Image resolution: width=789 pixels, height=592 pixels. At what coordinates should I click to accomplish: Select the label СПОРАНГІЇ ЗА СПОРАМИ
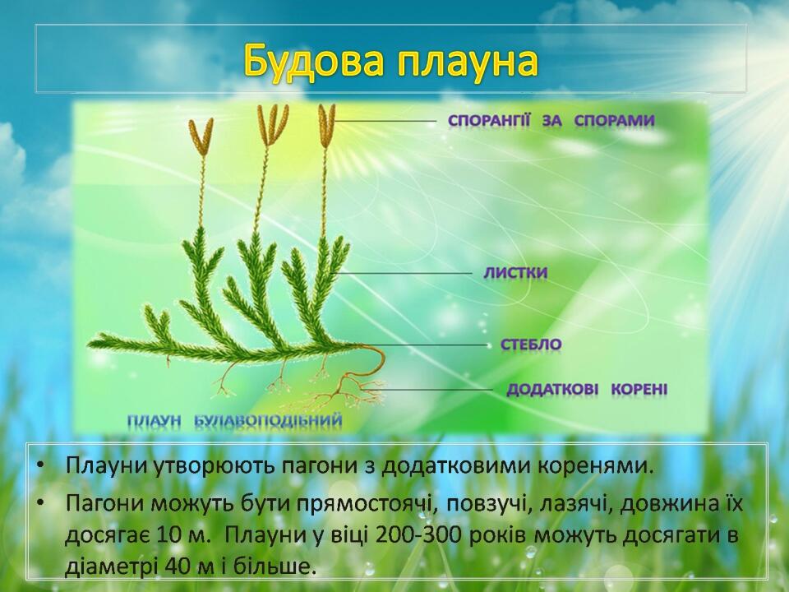tap(551, 121)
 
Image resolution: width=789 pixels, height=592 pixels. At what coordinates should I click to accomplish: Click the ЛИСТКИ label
tap(515, 273)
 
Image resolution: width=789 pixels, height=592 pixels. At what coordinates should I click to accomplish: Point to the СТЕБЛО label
tap(531, 345)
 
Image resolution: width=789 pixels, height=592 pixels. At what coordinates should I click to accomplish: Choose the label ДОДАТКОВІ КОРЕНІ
tap(587, 389)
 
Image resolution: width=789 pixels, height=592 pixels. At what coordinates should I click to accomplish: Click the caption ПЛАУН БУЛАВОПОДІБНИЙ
tap(234, 420)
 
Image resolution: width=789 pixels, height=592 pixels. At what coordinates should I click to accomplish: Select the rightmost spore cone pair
tap(327, 126)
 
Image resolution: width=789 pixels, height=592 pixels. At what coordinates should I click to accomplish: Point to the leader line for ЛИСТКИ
tap(404, 273)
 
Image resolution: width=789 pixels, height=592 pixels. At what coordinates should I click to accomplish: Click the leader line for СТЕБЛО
tap(425, 345)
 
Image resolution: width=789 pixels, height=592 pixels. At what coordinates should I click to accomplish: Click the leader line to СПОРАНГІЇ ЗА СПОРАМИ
tap(385, 122)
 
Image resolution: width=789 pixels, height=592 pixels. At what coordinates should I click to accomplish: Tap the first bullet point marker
tap(40, 467)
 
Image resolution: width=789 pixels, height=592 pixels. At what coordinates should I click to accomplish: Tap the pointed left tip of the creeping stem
tap(88, 345)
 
